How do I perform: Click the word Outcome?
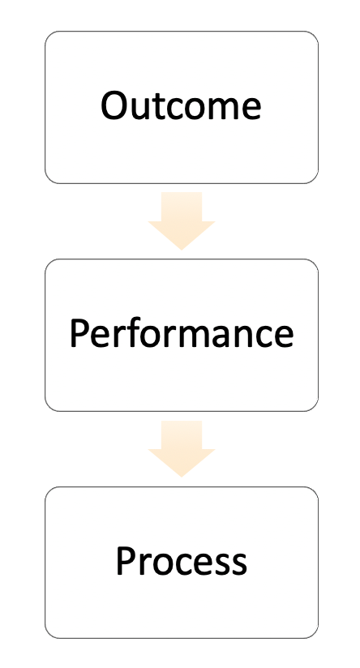coord(181,105)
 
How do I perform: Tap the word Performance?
coord(182,333)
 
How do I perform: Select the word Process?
coord(182,561)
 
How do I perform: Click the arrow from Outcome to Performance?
coord(182,221)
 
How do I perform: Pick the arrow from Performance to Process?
coord(182,448)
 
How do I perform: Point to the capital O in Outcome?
coord(114,105)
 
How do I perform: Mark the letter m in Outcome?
coord(222,109)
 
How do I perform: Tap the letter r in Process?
coord(147,564)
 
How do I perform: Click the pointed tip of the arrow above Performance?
coord(182,250)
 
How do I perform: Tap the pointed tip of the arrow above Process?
coord(182,477)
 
